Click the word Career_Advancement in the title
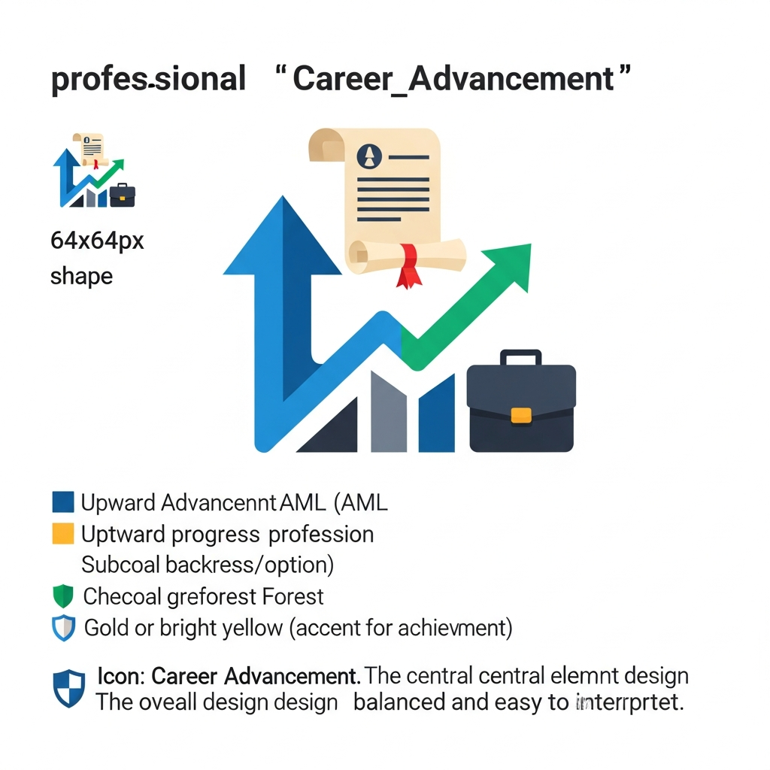pyautogui.click(x=453, y=79)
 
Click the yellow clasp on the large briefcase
pyautogui.click(x=521, y=415)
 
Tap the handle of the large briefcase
pyautogui.click(x=520, y=356)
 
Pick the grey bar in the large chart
pyautogui.click(x=389, y=414)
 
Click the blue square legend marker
pyautogui.click(x=63, y=502)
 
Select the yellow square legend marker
pyautogui.click(x=63, y=533)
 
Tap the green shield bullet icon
pyautogui.click(x=64, y=597)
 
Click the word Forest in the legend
pyautogui.click(x=293, y=597)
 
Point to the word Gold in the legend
pyautogui.click(x=102, y=627)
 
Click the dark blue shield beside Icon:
pyautogui.click(x=68, y=689)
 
